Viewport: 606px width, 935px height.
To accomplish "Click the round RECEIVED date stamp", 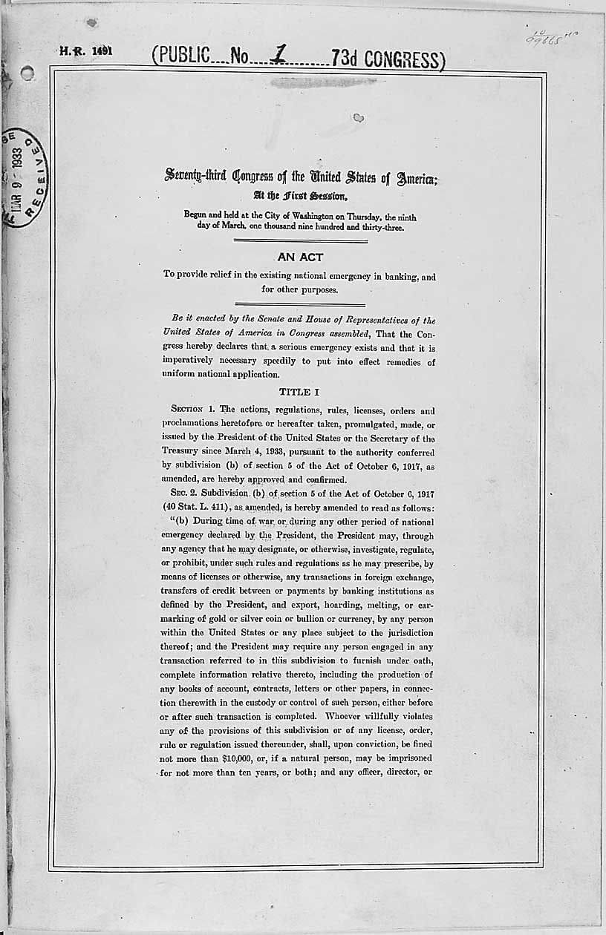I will [24, 176].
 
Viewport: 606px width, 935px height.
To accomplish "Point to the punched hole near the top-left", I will [27, 73].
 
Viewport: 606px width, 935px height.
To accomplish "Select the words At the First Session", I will [299, 197].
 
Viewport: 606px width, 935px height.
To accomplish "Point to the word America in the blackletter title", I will [411, 177].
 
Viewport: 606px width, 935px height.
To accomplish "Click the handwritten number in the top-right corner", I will [550, 36].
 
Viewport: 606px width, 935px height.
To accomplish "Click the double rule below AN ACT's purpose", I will [299, 304].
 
